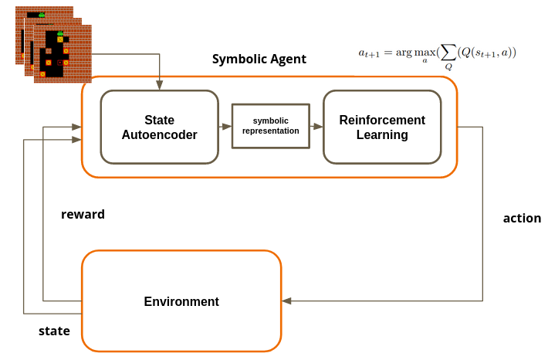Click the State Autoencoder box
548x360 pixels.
click(x=159, y=127)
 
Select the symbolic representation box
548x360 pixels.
click(x=270, y=126)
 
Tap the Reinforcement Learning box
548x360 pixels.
click(x=382, y=127)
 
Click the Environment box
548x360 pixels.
click(x=181, y=301)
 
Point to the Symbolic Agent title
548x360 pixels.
click(x=259, y=59)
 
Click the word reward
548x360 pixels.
click(x=83, y=214)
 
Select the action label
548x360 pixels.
click(x=522, y=218)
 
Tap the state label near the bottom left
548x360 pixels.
click(x=54, y=331)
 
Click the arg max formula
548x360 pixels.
click(x=437, y=53)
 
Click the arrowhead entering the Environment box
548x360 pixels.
click(x=286, y=301)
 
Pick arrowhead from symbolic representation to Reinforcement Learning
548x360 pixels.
click(x=318, y=126)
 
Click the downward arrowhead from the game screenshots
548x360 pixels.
click(x=159, y=85)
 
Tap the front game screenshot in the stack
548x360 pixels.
click(x=62, y=54)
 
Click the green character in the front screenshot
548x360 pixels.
click(x=59, y=33)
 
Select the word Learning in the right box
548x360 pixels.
click(x=382, y=135)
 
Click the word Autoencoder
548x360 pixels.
click(x=159, y=135)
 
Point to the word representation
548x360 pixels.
click(x=270, y=131)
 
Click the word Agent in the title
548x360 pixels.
click(x=287, y=59)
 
